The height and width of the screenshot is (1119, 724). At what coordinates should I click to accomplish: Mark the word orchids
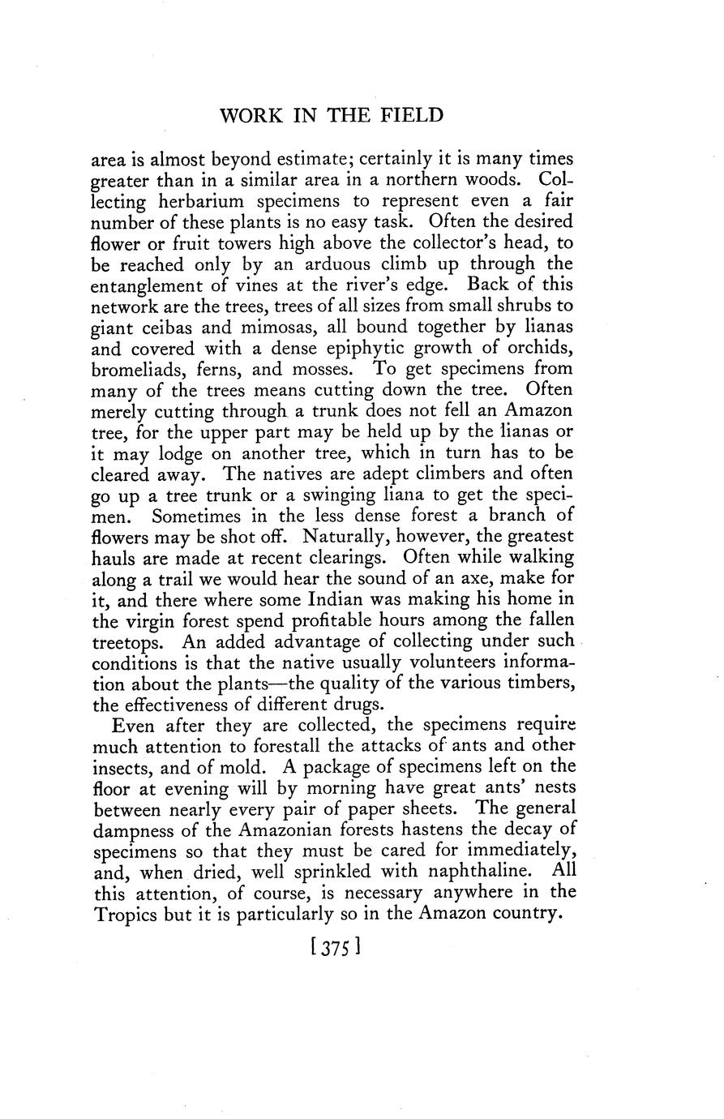point(535,348)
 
